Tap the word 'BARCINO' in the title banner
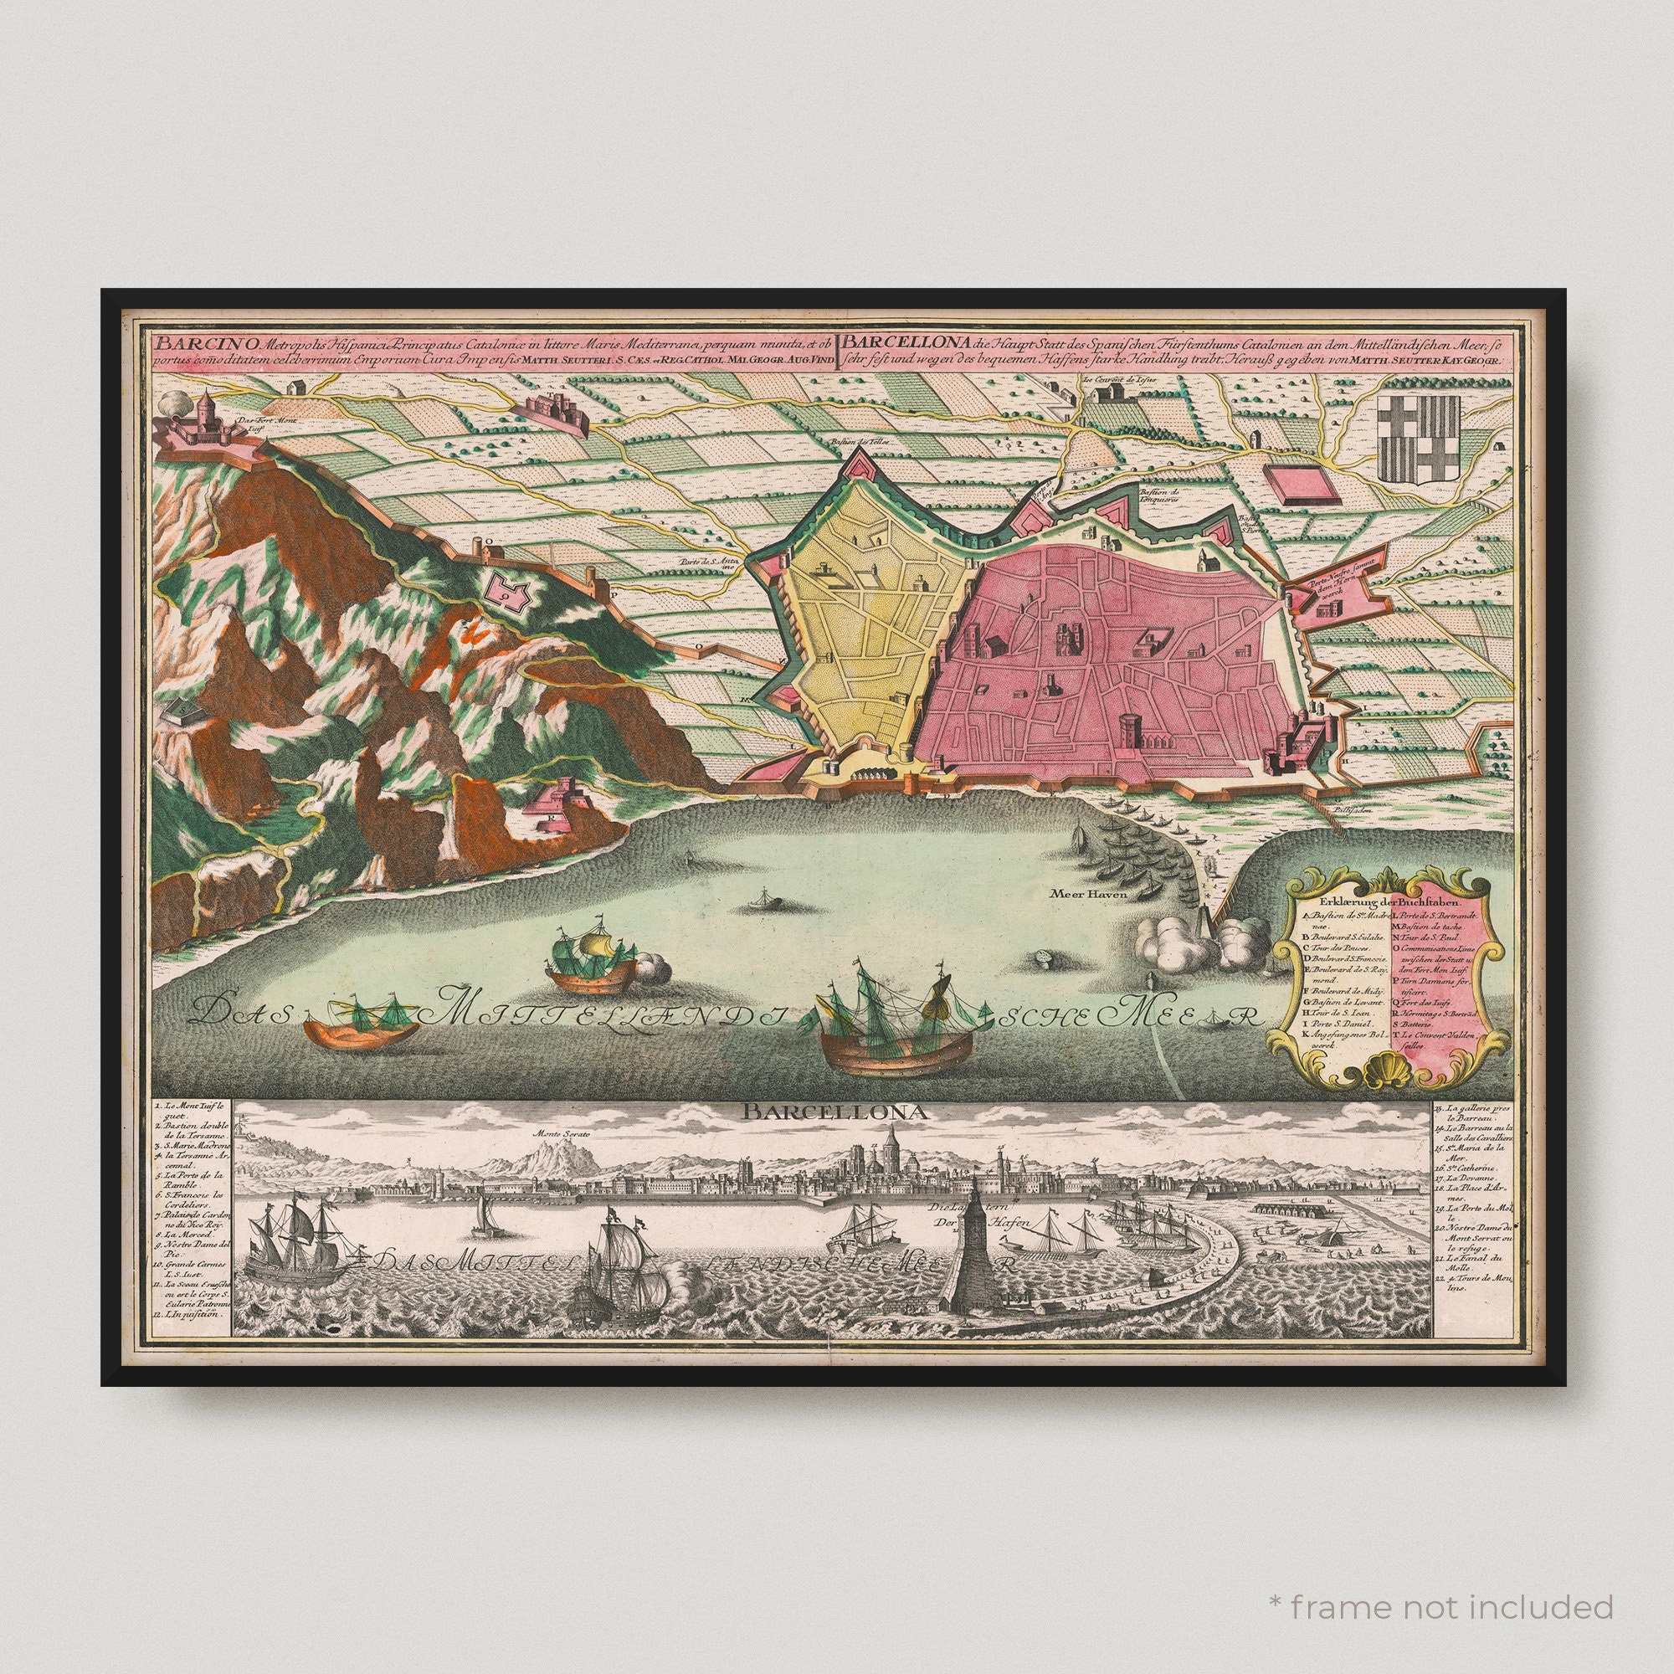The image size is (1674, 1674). point(186,341)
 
